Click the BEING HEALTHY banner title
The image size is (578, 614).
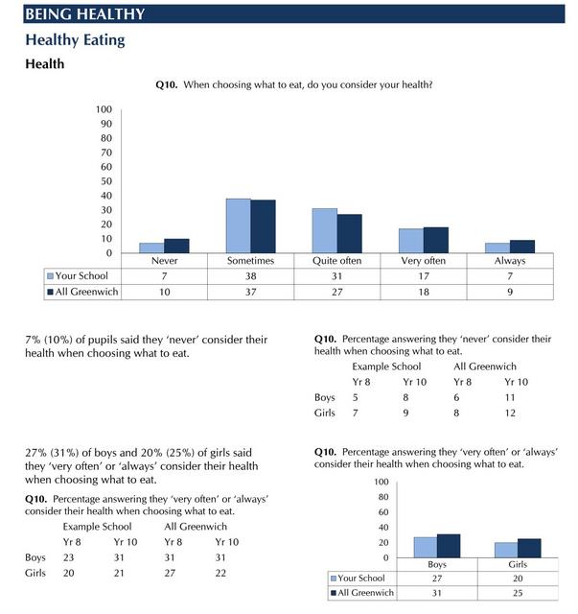pyautogui.click(x=85, y=13)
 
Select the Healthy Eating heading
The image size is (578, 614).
pyautogui.click(x=75, y=40)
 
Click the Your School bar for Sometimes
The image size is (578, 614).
pyautogui.click(x=238, y=225)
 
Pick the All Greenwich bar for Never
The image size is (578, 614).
pyautogui.click(x=176, y=246)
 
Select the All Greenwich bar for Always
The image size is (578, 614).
pyautogui.click(x=521, y=247)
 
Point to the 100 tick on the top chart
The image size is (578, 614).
pyautogui.click(x=104, y=109)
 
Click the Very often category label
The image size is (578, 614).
pyautogui.click(x=423, y=261)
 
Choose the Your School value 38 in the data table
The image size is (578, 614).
pyautogui.click(x=251, y=276)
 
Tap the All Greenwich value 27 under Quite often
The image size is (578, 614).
pyautogui.click(x=336, y=292)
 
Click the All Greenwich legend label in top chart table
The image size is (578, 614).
pyautogui.click(x=87, y=292)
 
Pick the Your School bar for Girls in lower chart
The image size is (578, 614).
pyautogui.click(x=506, y=550)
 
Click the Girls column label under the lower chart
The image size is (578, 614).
pyautogui.click(x=518, y=564)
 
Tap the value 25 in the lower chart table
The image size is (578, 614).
pyautogui.click(x=518, y=593)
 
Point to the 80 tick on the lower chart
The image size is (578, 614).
pyautogui.click(x=382, y=497)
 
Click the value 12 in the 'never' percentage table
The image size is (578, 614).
pyautogui.click(x=511, y=413)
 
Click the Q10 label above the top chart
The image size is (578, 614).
pyautogui.click(x=166, y=85)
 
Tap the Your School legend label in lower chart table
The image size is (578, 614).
pyautogui.click(x=363, y=579)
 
